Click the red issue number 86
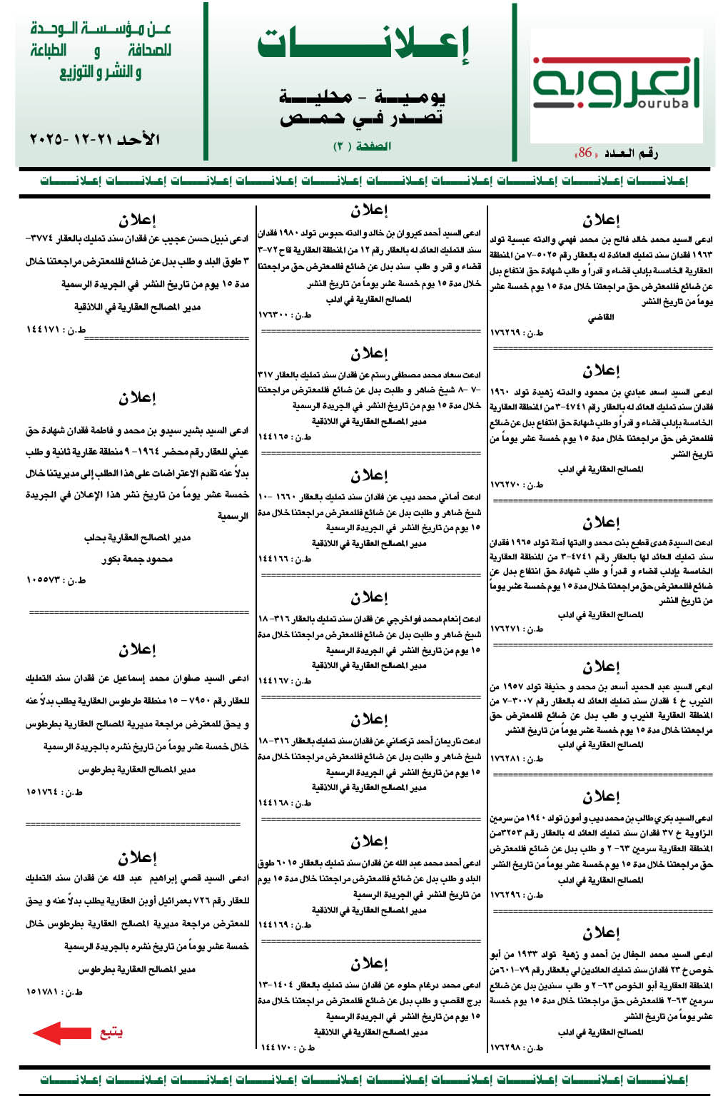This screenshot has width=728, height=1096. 585,153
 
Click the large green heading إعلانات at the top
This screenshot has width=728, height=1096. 363,44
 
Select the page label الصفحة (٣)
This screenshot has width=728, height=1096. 362,146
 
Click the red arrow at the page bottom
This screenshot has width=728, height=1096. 62,1032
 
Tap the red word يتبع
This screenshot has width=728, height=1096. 111,1032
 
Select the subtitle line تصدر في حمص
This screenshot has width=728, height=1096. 362,118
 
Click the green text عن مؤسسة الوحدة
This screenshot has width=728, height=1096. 101,29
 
